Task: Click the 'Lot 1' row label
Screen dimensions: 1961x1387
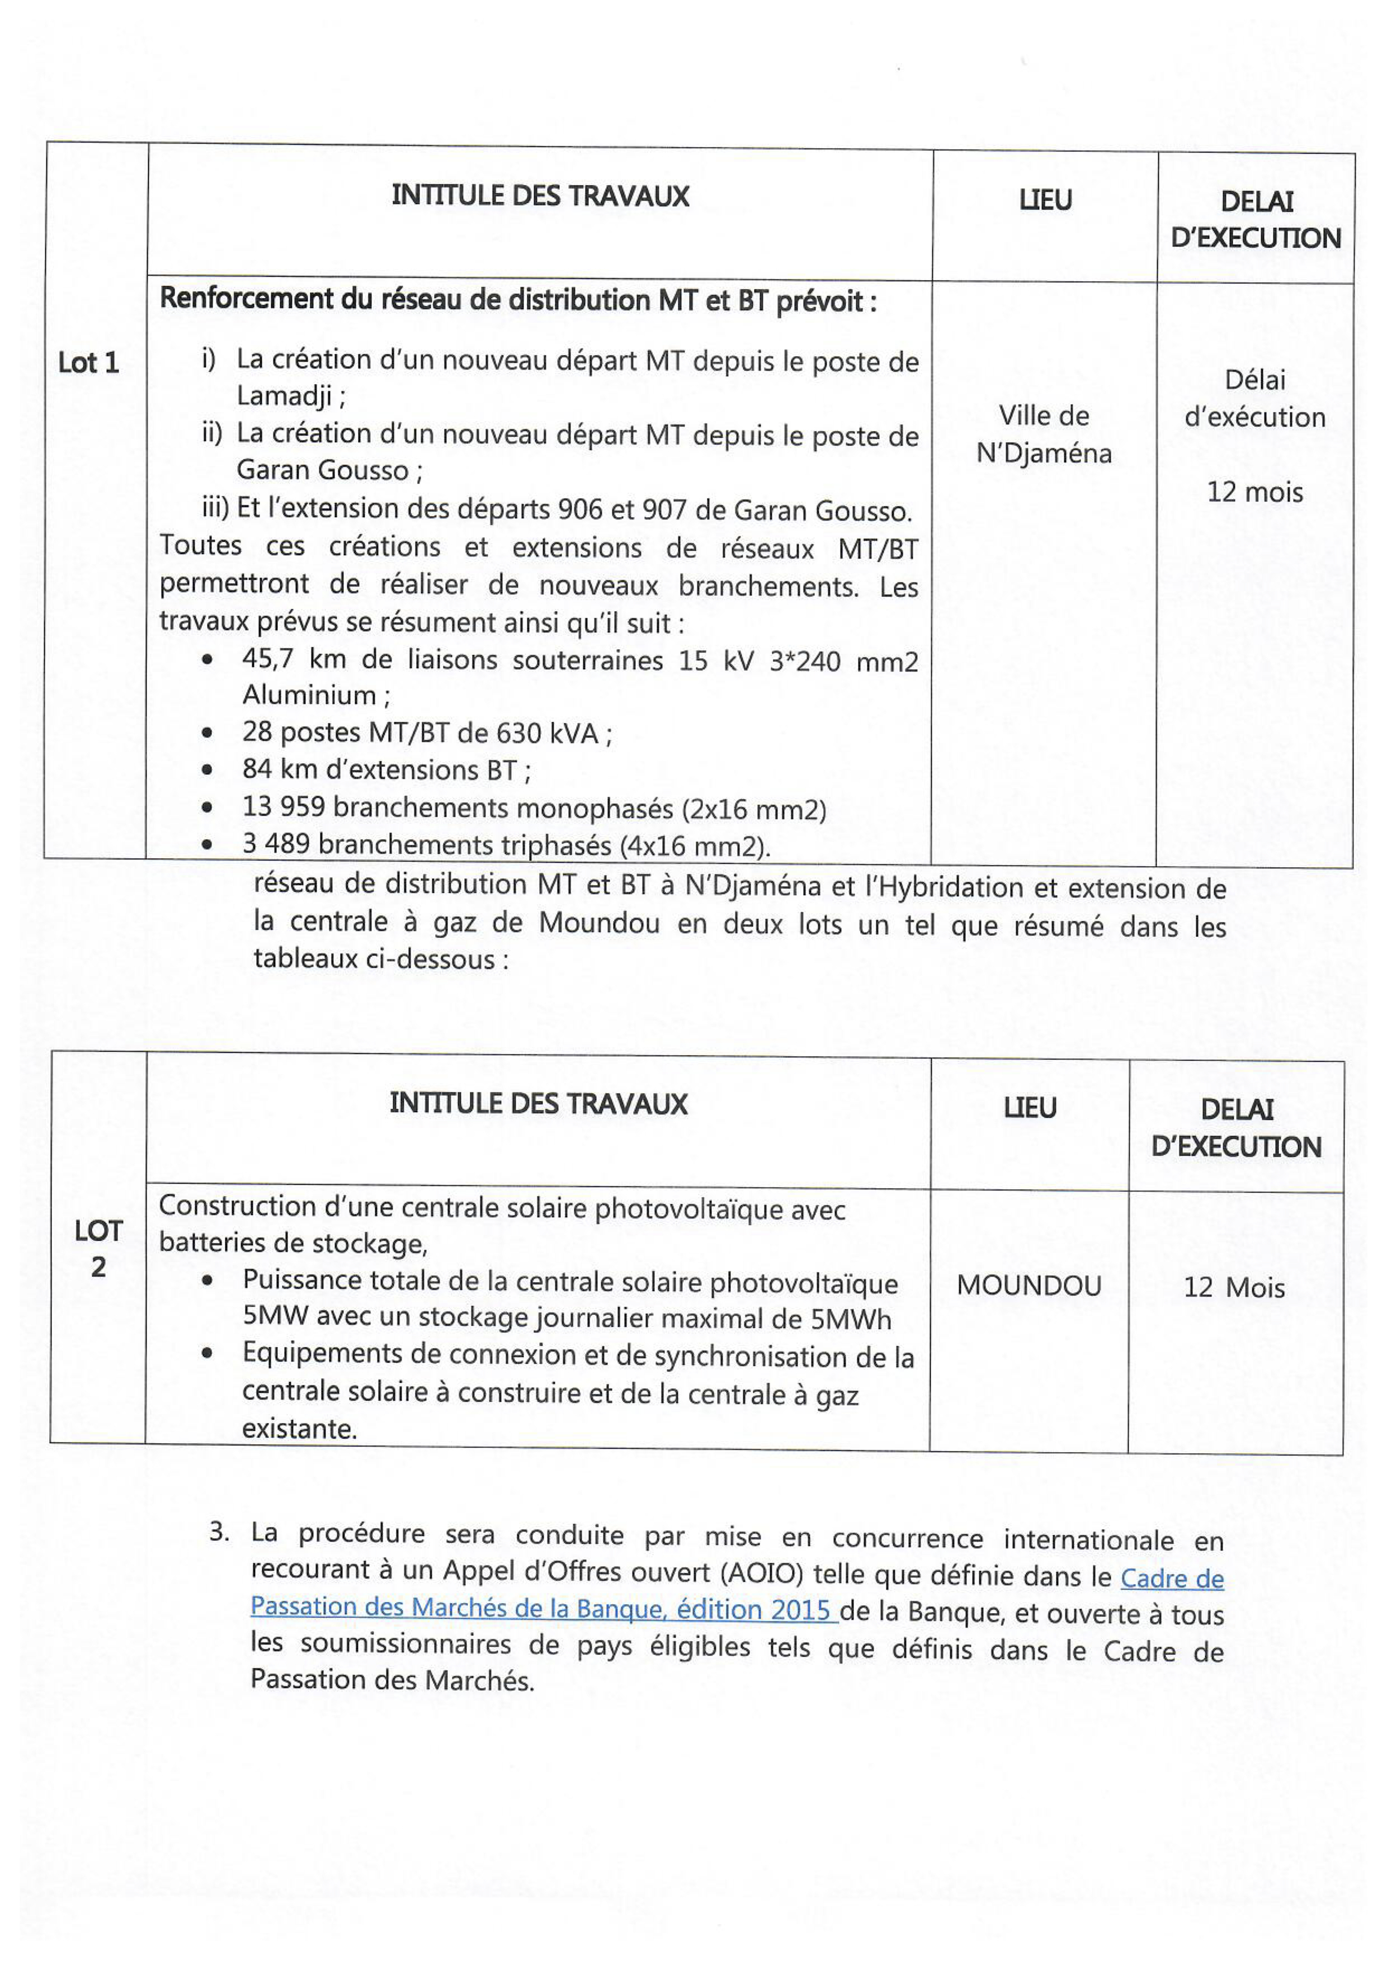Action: point(88,363)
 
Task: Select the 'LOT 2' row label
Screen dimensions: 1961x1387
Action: point(98,1248)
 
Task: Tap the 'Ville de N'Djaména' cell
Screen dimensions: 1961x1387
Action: point(1044,434)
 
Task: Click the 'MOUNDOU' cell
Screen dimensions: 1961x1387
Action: point(1029,1286)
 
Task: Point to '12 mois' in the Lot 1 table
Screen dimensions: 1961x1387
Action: point(1254,492)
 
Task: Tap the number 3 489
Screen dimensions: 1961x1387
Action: point(275,844)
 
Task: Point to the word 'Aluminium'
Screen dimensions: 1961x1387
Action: point(309,695)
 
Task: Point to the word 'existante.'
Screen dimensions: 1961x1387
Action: point(299,1428)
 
